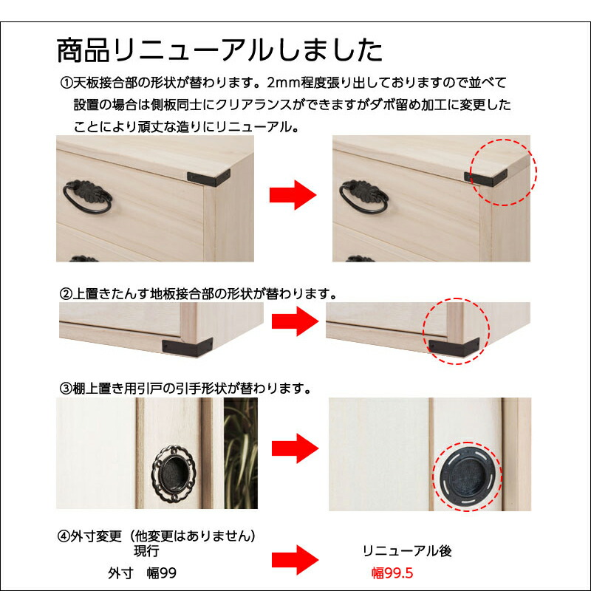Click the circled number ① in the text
[65, 82]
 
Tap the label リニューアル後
[406, 551]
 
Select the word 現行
[146, 551]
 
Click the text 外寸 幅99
[142, 573]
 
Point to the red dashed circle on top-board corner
[504, 171]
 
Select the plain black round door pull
[468, 475]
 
